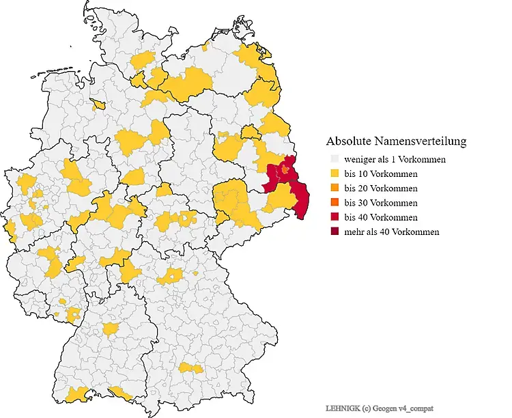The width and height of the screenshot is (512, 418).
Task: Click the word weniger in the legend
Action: coord(360,159)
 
